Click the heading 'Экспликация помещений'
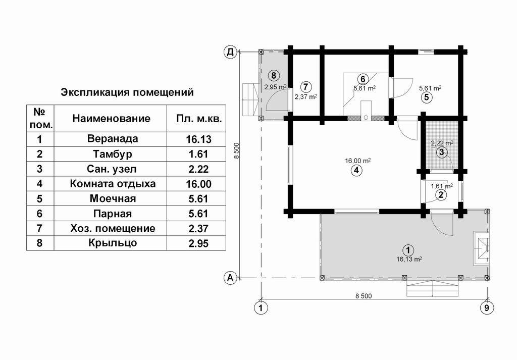127,92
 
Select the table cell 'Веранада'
113,139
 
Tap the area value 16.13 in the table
198,139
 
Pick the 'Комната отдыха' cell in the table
113,184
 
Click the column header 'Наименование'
111,118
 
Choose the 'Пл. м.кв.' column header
199,119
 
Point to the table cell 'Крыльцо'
113,243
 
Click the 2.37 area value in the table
198,228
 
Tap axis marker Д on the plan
231,52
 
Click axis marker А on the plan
230,278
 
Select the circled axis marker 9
487,308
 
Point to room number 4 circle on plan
356,171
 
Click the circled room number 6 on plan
363,79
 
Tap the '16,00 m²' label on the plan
358,161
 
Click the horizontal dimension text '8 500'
364,296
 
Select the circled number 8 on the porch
274,76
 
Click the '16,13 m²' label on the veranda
409,259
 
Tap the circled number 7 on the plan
306,87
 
